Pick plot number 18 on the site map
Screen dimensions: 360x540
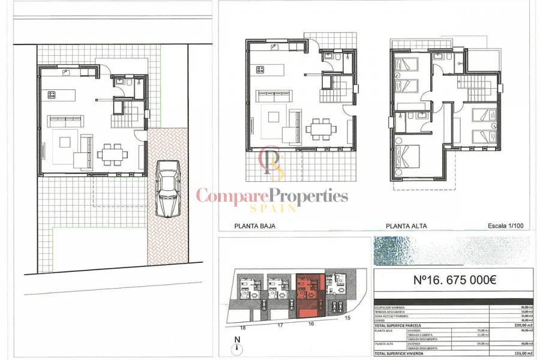pyautogui.click(x=243, y=328)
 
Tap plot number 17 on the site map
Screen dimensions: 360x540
pyautogui.click(x=279, y=326)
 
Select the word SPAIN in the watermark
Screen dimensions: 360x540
pyautogui.click(x=273, y=208)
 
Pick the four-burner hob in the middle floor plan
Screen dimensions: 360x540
pyautogui.click(x=260, y=70)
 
